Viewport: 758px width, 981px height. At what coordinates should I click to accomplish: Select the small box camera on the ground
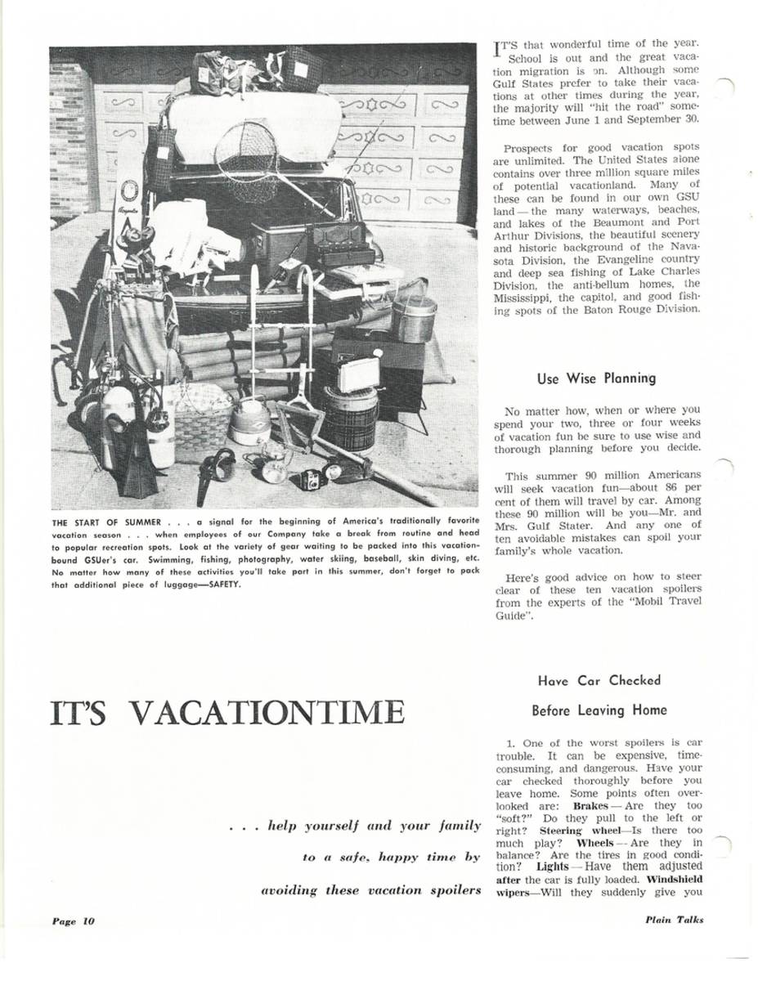coord(310,478)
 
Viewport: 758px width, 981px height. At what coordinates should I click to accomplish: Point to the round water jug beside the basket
coord(249,421)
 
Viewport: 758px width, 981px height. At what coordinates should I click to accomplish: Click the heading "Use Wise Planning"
coord(596,379)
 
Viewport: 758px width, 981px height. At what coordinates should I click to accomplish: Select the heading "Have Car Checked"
coord(599,680)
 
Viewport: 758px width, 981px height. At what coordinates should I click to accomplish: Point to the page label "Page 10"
coord(73,921)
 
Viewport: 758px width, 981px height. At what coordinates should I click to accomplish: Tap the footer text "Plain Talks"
coord(673,920)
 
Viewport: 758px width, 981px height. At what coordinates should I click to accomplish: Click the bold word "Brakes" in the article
coord(590,806)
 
